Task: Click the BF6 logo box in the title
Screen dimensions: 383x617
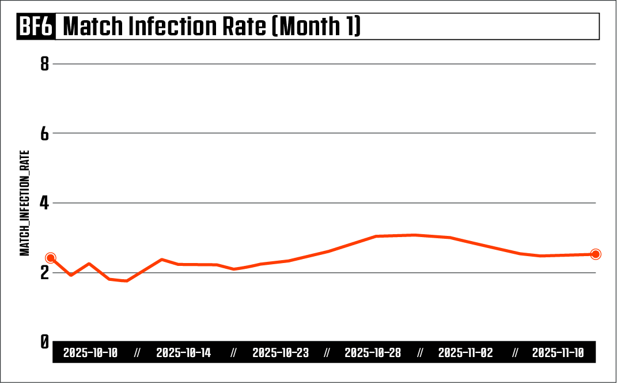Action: point(36,27)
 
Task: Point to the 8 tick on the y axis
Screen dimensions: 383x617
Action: point(44,64)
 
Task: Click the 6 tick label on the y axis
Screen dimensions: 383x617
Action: point(44,133)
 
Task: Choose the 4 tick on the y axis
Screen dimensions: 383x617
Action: point(44,203)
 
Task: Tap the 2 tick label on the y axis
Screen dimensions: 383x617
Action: point(44,272)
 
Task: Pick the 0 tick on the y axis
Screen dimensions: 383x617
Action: point(44,341)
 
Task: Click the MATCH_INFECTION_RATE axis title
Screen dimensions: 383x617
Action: point(25,203)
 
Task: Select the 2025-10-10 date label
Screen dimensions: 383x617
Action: point(90,353)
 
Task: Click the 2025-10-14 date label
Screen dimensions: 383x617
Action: point(184,353)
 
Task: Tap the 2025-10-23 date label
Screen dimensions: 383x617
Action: point(280,353)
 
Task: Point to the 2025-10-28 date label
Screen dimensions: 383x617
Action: point(373,353)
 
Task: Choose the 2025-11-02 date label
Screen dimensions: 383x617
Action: point(465,353)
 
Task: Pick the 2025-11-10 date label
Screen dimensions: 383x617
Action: point(558,353)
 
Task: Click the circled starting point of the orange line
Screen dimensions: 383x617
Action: point(51,258)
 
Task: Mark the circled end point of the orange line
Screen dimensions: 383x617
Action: point(596,254)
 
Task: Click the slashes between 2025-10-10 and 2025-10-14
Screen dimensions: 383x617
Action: point(137,353)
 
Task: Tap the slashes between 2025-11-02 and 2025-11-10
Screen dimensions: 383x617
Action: point(515,353)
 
